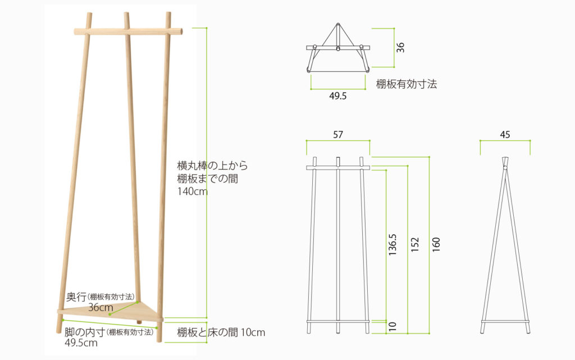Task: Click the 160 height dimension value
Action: point(436,244)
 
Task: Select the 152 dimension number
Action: point(415,244)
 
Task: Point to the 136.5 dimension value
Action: point(393,244)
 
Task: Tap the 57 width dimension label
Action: point(337,135)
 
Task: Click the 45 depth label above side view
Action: point(505,135)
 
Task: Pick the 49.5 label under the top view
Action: point(337,96)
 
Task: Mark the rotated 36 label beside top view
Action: point(400,47)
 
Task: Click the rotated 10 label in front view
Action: point(393,326)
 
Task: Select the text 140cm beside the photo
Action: point(193,192)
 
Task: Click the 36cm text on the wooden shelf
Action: point(101,307)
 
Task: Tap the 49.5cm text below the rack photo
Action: point(81,343)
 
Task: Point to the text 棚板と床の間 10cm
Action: point(221,332)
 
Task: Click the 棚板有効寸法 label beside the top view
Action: point(407,84)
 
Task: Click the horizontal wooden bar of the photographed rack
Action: point(128,31)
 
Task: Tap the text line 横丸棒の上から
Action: point(212,166)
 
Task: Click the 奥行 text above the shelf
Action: point(76,297)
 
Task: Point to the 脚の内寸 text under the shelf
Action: point(85,332)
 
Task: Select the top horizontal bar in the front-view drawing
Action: point(338,168)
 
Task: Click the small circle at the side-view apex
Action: point(505,168)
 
